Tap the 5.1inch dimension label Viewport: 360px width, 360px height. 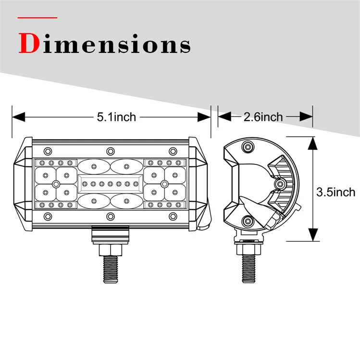[x=116, y=116]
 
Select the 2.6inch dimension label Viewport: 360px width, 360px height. [x=263, y=116]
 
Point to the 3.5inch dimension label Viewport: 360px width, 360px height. [x=336, y=192]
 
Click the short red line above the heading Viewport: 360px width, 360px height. [x=37, y=18]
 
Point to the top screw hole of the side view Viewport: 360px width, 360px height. [x=248, y=146]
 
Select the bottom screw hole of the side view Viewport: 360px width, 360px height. [x=248, y=221]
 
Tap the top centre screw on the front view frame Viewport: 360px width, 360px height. [x=110, y=149]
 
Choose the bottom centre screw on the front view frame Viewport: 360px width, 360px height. [x=110, y=215]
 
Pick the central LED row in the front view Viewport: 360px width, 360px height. [x=110, y=183]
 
